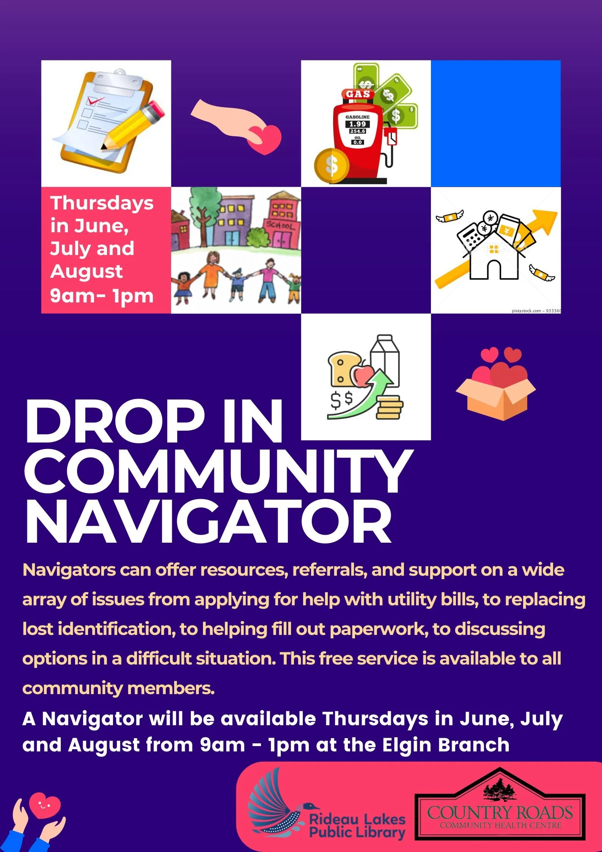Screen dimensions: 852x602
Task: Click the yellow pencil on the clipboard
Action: pos(133,125)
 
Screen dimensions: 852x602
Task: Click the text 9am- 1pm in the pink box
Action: pos(101,296)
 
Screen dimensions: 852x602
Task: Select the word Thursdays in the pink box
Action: pos(102,203)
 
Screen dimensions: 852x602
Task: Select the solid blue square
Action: pos(495,123)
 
